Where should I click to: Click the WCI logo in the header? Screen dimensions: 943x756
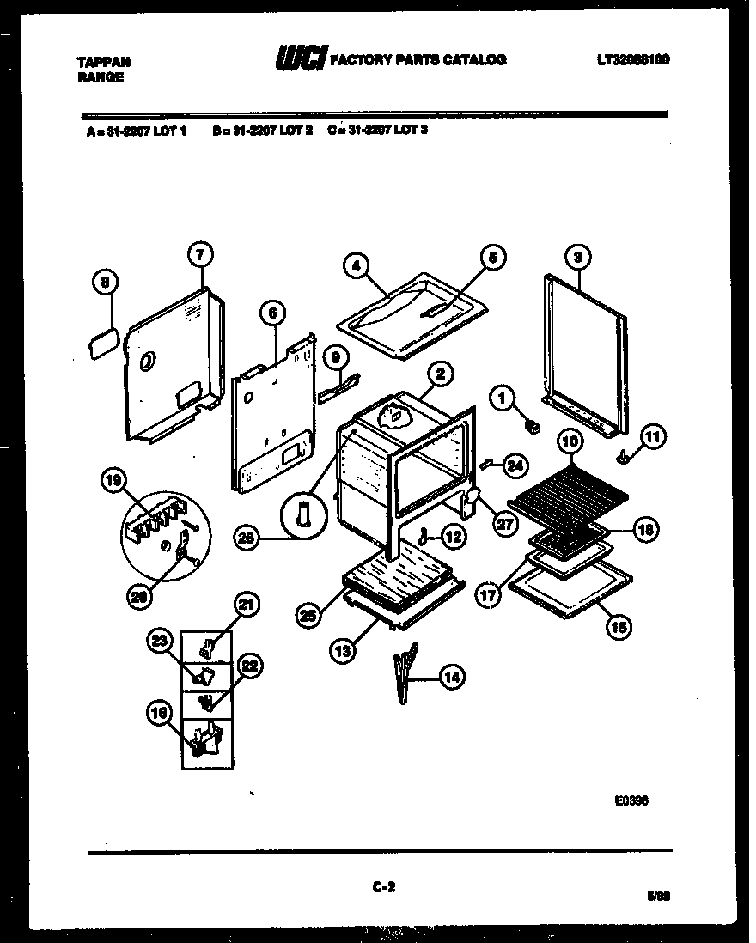[300, 59]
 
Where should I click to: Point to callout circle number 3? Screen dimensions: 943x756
[578, 256]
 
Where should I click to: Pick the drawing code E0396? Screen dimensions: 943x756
[631, 800]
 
